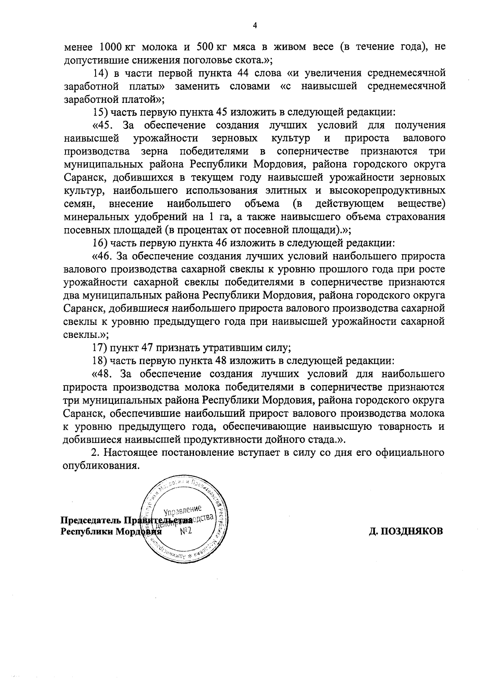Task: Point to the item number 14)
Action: [100, 73]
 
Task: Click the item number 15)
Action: [100, 112]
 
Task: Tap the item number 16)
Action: [100, 243]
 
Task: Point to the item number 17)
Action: [100, 348]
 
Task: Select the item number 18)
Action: [100, 361]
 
